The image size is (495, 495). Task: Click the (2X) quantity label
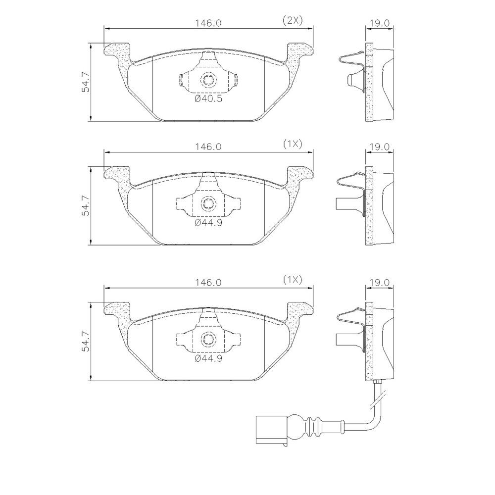293,21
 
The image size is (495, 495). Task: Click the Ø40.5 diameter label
208,99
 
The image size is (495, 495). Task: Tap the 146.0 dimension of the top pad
208,23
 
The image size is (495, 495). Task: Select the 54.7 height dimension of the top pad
86,82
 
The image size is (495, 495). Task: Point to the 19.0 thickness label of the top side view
380,23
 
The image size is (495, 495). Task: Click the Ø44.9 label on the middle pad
208,223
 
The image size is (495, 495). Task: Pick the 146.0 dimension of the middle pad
208,147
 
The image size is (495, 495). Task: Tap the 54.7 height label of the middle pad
86,206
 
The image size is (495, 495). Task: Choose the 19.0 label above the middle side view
380,147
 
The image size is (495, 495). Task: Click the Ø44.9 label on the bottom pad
208,358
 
